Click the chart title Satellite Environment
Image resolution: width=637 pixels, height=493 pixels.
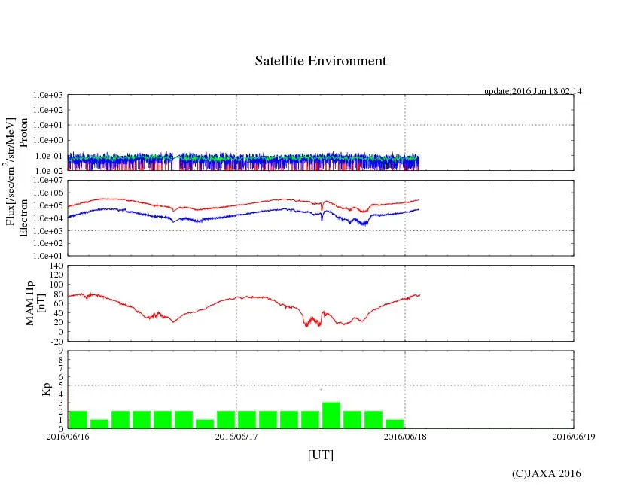(x=320, y=61)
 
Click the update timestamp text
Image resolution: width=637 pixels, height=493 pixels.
(x=532, y=91)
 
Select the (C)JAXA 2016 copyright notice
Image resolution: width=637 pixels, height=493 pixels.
(x=546, y=473)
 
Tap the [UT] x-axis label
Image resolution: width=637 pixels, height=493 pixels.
(x=320, y=455)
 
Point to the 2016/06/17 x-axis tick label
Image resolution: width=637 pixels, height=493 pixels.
(x=236, y=435)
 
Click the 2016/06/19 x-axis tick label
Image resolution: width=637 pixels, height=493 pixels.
(x=574, y=435)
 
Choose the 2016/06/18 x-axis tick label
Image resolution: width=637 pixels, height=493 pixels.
(x=405, y=435)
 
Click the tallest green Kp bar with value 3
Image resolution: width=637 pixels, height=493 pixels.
(x=331, y=415)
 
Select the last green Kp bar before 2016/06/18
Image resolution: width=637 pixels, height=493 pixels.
(x=395, y=424)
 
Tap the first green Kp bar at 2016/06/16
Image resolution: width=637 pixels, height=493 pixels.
(x=78, y=419)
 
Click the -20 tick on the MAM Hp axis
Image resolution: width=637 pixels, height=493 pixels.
(x=55, y=341)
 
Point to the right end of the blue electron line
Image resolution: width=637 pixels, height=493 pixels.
(x=418, y=208)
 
